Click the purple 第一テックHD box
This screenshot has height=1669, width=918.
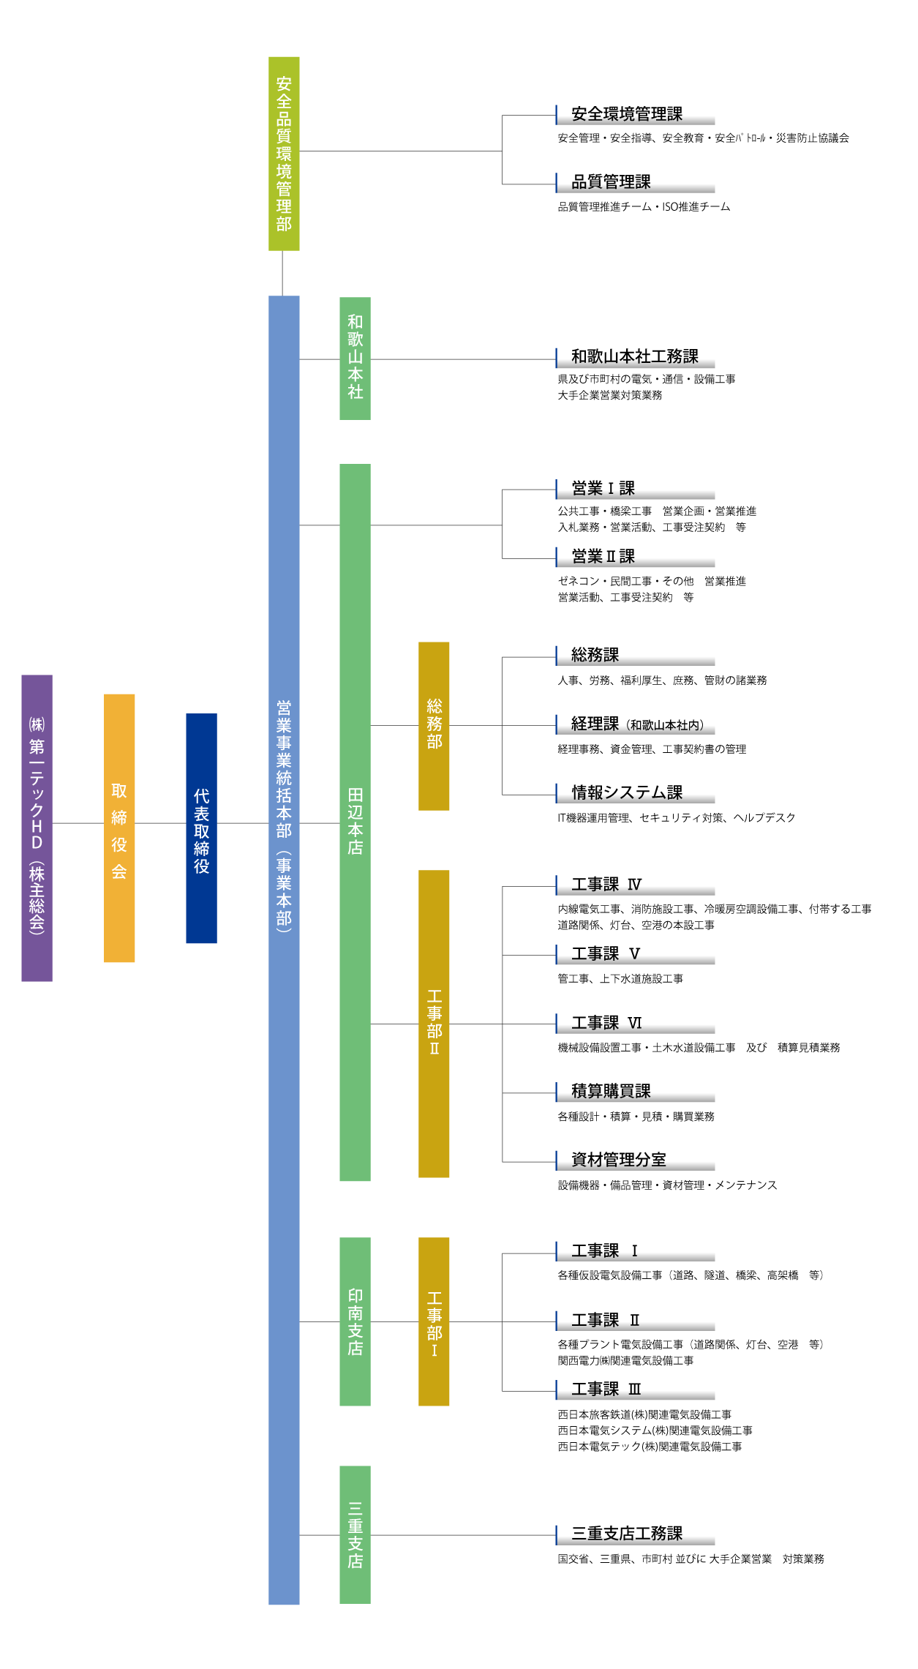point(37,828)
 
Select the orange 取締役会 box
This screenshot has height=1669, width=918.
point(119,828)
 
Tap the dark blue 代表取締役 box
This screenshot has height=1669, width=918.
point(201,828)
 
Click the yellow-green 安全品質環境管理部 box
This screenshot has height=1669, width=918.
point(284,154)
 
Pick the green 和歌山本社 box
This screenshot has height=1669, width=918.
point(355,358)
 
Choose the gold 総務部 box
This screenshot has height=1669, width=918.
point(434,725)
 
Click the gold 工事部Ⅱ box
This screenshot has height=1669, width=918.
point(434,1023)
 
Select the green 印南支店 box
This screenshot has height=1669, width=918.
point(355,1321)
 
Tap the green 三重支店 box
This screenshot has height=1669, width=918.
point(355,1534)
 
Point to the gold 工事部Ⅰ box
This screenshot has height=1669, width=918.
point(434,1321)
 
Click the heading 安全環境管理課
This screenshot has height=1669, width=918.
point(627,114)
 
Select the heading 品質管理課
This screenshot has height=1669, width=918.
point(611,182)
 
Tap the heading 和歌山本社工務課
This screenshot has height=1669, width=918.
point(634,356)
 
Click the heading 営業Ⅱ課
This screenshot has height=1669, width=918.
point(603,557)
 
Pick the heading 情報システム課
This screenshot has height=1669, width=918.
point(627,792)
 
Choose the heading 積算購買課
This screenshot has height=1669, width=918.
point(611,1091)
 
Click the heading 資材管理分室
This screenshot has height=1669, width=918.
point(619,1160)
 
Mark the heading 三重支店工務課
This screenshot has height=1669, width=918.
point(627,1533)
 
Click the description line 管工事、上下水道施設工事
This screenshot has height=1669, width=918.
point(620,979)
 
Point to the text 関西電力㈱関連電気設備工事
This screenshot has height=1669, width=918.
point(625,1361)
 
